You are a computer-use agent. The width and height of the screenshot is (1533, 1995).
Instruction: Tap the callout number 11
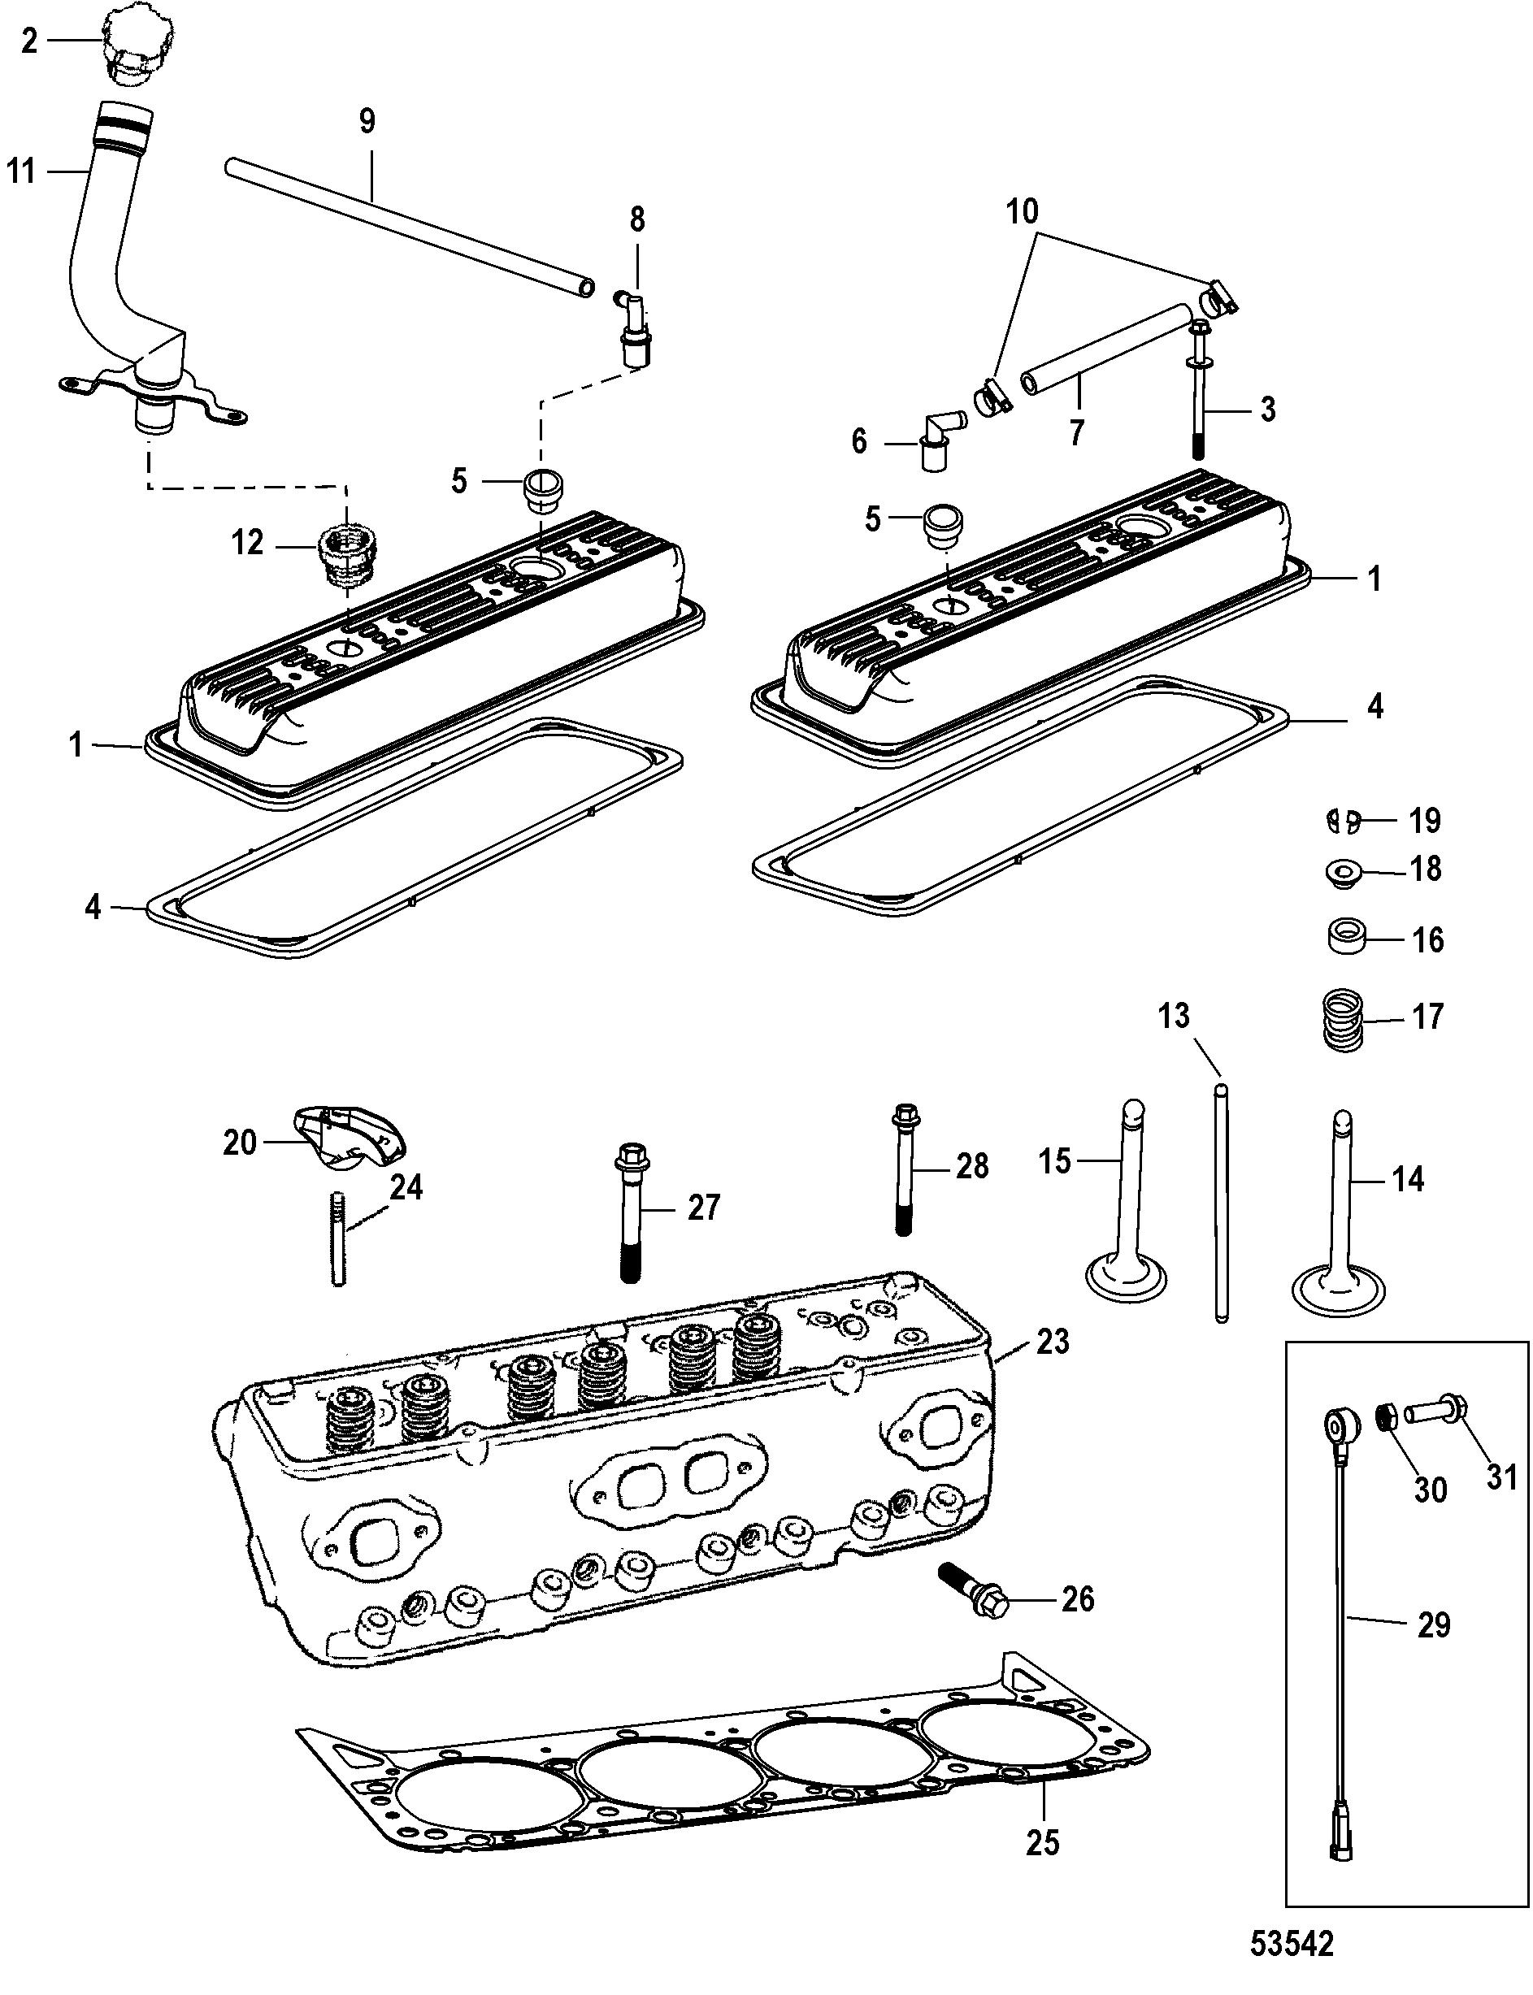[22, 171]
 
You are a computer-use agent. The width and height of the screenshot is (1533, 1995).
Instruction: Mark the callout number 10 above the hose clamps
[1022, 211]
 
